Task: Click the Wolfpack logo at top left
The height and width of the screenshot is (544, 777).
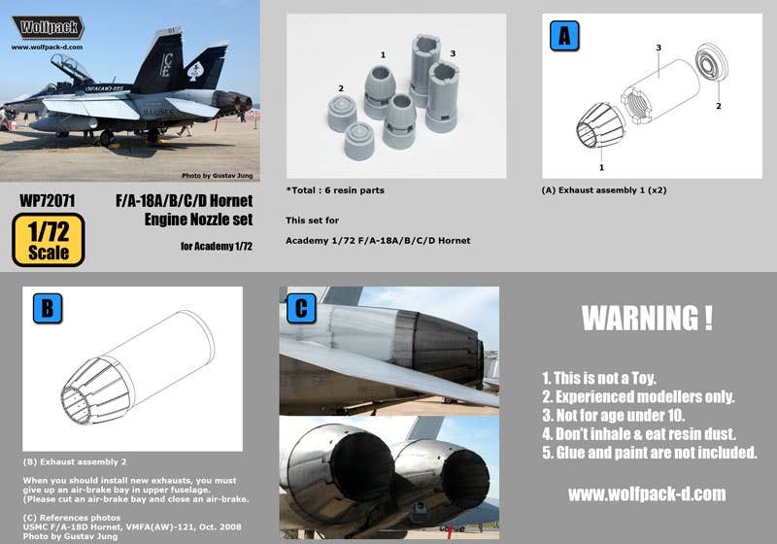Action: point(48,27)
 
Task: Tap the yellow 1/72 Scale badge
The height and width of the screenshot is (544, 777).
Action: point(49,240)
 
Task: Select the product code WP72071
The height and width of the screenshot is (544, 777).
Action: point(48,200)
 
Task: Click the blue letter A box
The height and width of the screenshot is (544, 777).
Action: point(564,35)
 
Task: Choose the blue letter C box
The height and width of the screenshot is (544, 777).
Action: point(301,308)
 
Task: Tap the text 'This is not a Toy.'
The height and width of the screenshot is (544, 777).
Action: point(602,377)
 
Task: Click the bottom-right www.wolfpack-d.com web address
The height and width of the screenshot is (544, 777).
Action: point(647,494)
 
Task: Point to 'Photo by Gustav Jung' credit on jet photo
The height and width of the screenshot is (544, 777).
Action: point(217,175)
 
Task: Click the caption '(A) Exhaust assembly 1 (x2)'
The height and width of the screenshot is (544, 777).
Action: point(603,190)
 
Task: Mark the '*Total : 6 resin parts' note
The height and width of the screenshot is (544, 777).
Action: point(334,190)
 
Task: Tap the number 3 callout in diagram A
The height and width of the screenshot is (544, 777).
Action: point(659,47)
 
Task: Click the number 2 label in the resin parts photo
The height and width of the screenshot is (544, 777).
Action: point(341,88)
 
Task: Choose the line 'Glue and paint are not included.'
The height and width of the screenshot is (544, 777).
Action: point(650,453)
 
